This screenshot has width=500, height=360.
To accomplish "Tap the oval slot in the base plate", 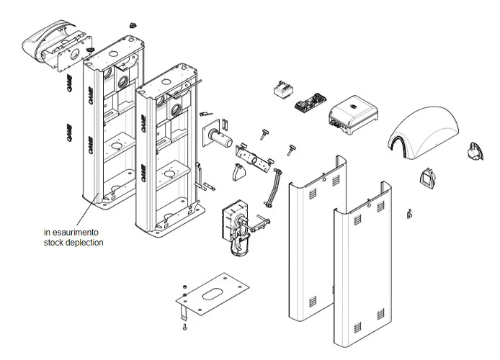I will pyautogui.click(x=215, y=294).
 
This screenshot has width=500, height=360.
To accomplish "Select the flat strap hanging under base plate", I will pyautogui.click(x=184, y=312).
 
